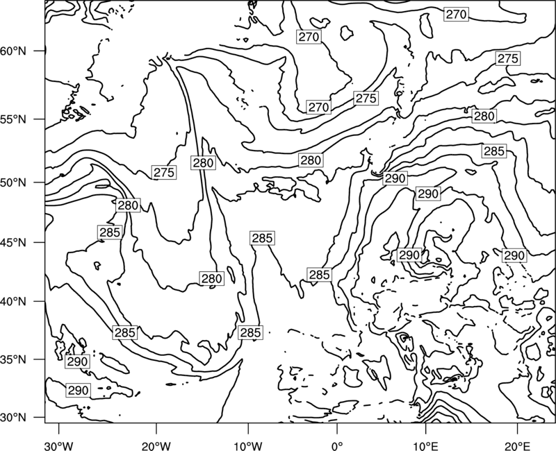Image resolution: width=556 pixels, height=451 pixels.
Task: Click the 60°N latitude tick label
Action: coord(13,51)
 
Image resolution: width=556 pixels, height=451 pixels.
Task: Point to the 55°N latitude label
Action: coord(13,119)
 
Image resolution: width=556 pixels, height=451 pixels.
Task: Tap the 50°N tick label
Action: coord(13,182)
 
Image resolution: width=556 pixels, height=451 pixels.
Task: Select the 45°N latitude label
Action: coord(13,242)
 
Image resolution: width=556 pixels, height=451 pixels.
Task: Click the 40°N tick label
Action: coord(13,302)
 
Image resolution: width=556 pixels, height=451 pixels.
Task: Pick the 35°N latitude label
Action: coord(13,359)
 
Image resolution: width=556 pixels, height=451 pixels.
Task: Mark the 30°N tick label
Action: coord(13,418)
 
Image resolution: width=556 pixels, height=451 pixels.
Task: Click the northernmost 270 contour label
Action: coord(456,15)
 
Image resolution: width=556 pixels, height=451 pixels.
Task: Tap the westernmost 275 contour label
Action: coord(164,172)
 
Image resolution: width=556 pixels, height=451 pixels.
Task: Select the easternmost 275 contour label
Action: coord(508,58)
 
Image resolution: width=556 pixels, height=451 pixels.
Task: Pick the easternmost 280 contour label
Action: coord(484,116)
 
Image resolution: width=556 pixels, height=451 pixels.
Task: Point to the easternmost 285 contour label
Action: coord(494,151)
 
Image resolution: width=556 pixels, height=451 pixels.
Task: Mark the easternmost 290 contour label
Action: coord(514,255)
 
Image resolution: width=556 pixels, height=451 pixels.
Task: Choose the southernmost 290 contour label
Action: coord(78,391)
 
